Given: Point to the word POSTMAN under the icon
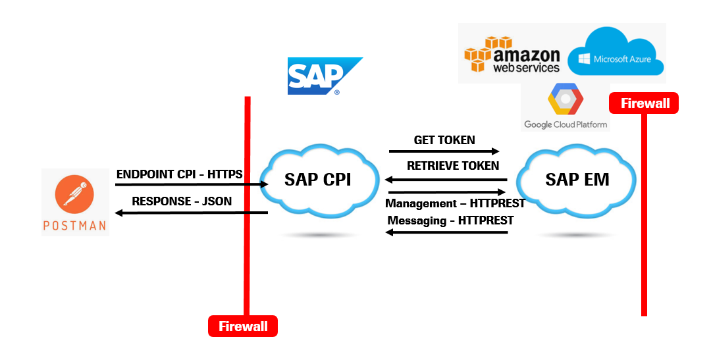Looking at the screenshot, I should coord(74,225).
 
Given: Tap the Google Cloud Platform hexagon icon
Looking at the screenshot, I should coord(565,100).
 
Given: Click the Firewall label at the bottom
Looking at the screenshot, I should coord(243,326).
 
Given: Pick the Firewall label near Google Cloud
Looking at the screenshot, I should coord(645,103).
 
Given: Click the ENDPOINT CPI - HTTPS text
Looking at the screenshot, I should coord(179,174).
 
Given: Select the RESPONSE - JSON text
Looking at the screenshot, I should coord(182,201).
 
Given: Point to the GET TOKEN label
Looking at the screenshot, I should coord(444,140).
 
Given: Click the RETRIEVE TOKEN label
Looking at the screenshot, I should coord(452,166).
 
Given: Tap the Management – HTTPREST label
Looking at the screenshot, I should coord(455,203).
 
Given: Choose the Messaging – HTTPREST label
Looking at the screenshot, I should coord(450,220).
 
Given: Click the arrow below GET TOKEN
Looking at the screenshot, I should coord(444,151).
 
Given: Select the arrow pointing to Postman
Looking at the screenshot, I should coord(191,213).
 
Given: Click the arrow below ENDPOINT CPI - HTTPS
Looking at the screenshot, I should coord(191,185).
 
